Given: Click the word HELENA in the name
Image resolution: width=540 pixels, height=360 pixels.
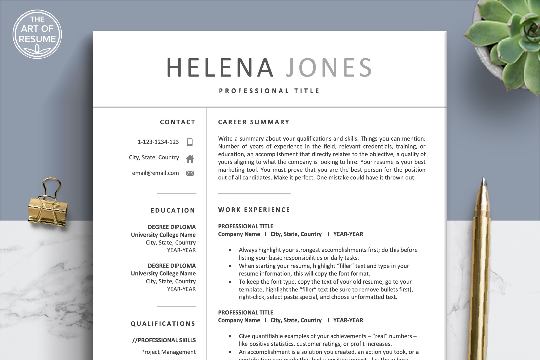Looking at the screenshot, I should click(x=220, y=68).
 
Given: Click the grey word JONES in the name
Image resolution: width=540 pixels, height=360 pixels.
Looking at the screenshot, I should click(x=329, y=68).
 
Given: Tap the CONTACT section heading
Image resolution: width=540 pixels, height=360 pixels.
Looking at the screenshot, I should click(x=178, y=122).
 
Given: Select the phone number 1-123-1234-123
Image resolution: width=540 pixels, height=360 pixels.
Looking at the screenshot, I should click(x=158, y=142).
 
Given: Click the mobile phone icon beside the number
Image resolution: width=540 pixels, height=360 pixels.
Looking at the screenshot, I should click(x=190, y=142).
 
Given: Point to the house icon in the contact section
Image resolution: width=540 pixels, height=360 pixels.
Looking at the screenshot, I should click(x=190, y=158).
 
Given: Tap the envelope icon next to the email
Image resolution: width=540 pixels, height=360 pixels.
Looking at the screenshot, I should click(x=190, y=173).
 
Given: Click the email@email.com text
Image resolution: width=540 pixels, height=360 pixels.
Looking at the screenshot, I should click(x=155, y=173).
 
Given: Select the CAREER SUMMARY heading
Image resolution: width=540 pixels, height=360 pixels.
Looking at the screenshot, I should click(x=254, y=122).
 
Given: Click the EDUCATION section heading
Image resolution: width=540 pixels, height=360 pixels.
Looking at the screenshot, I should click(x=173, y=210).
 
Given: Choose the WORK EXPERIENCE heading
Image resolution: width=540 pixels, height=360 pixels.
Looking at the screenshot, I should click(x=254, y=210).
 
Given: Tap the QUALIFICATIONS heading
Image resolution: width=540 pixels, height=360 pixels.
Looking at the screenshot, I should click(x=163, y=324).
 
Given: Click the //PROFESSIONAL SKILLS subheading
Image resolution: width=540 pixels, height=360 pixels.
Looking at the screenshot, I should click(x=164, y=340).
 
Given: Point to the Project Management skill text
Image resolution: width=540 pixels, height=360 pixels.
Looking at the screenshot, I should click(x=168, y=352).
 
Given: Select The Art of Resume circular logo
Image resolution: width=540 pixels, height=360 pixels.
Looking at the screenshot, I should click(x=37, y=34).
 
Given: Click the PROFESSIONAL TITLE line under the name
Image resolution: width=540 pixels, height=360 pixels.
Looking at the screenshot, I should click(x=269, y=91).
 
